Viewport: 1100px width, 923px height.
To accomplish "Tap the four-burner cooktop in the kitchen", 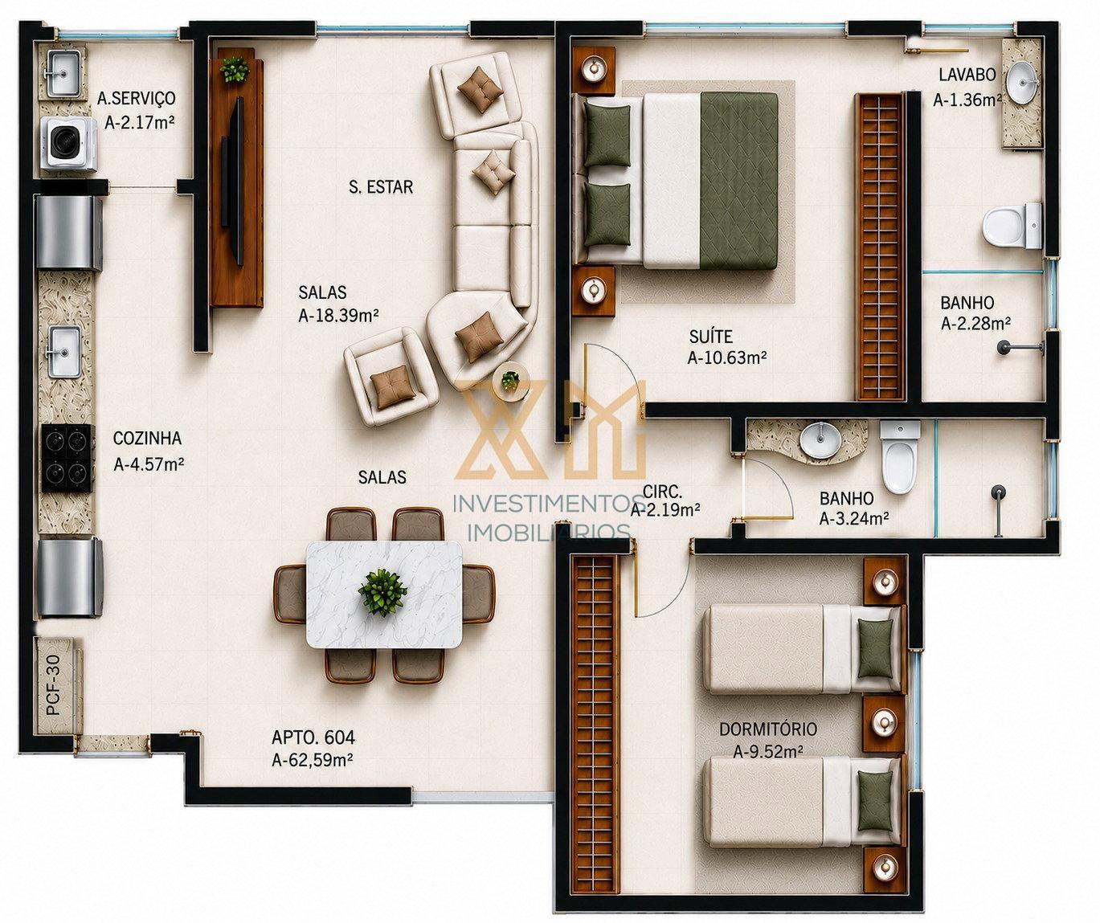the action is click(67, 459).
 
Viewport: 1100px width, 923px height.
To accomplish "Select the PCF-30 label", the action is click(53, 684).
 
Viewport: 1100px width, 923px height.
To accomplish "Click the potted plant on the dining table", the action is click(382, 591).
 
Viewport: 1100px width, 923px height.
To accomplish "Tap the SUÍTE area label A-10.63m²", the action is click(726, 358).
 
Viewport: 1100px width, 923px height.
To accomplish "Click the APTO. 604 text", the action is click(313, 737).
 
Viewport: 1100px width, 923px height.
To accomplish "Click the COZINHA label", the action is click(148, 438).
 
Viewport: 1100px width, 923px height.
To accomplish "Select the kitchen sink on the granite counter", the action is click(65, 351).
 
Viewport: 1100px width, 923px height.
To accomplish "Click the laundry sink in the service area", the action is click(66, 73).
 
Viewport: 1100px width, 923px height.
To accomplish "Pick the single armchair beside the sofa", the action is click(391, 376).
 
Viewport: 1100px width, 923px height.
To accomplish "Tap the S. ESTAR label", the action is click(381, 187).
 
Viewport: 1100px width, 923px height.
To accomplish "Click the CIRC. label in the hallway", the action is click(663, 492).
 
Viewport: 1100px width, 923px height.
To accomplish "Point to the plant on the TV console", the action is click(235, 69).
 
